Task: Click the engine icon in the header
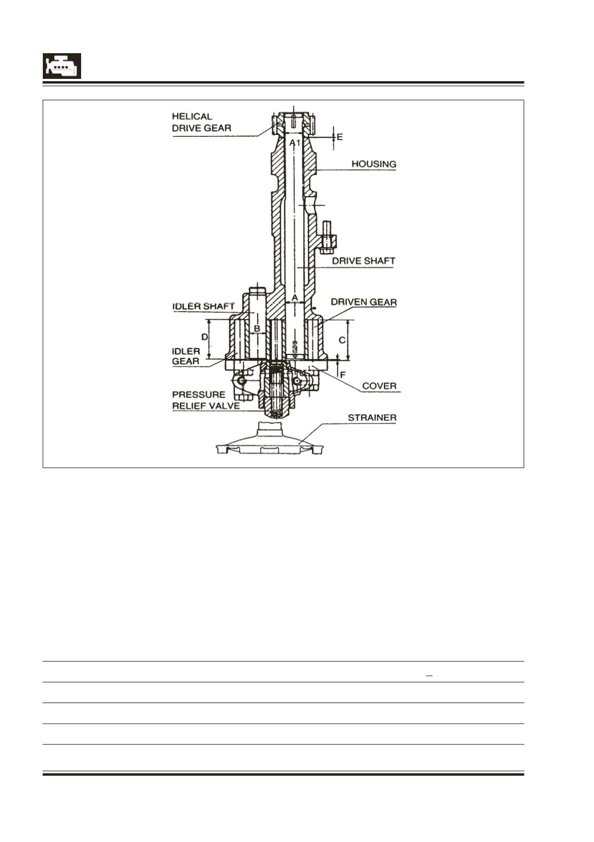tap(62, 66)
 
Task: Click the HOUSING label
tap(374, 164)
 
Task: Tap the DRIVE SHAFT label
tap(363, 261)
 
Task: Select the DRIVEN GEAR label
tap(363, 302)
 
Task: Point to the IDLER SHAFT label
tap(203, 306)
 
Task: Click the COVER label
tap(379, 386)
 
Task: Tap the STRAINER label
tap(372, 418)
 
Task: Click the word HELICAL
tap(192, 117)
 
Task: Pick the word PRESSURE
tap(199, 394)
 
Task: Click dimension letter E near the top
tap(339, 137)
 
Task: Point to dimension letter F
tap(343, 375)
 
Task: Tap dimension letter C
tap(342, 340)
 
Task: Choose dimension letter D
tap(204, 337)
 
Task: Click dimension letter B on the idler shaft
tap(257, 329)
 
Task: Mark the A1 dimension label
tap(295, 143)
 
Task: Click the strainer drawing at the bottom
tap(270, 439)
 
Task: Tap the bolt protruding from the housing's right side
tap(327, 238)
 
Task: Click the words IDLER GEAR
tap(186, 356)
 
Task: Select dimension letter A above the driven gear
tap(295, 298)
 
